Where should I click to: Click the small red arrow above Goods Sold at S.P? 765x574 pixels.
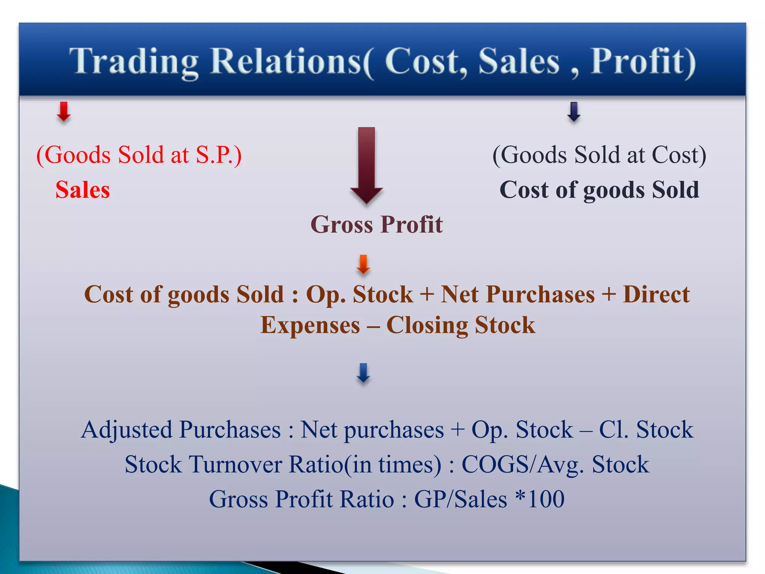(64, 112)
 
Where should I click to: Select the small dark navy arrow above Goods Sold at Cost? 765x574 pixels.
(574, 112)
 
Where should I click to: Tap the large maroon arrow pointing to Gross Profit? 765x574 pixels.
(366, 164)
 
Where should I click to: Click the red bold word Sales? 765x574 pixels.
(83, 190)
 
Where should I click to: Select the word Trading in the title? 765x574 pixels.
(134, 62)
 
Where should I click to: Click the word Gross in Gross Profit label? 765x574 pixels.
(342, 225)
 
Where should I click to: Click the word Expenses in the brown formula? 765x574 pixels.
(310, 325)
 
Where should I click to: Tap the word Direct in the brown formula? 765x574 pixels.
(656, 294)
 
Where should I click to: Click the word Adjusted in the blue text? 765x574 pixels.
(126, 430)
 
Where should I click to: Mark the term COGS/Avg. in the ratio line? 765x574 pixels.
(523, 465)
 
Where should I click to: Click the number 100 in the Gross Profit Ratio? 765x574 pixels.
(546, 499)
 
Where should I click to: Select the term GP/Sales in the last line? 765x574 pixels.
(460, 499)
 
